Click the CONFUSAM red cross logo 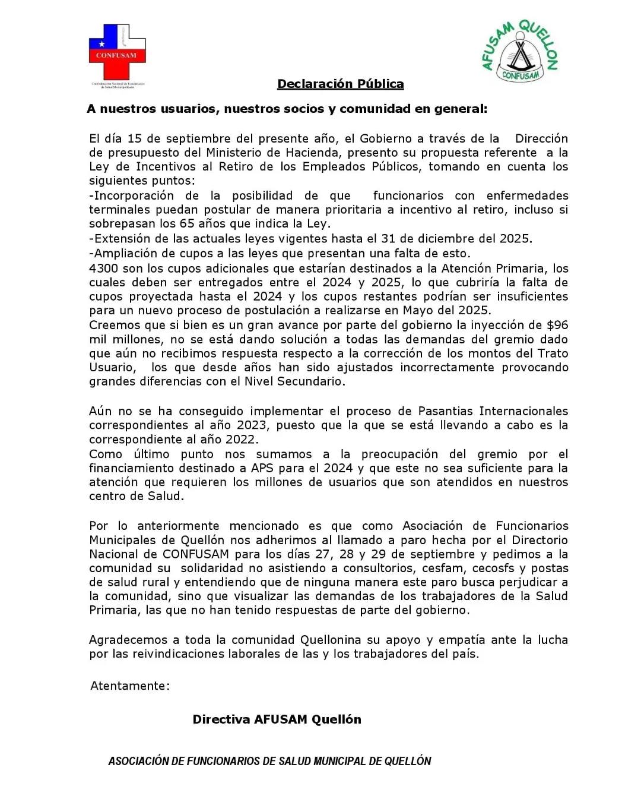(117, 52)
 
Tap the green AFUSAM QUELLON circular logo (520, 51)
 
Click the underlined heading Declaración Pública (340, 84)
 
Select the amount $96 (557, 325)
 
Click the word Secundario (313, 382)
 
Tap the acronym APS (262, 468)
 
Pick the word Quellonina (330, 640)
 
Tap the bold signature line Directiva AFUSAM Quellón (277, 719)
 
